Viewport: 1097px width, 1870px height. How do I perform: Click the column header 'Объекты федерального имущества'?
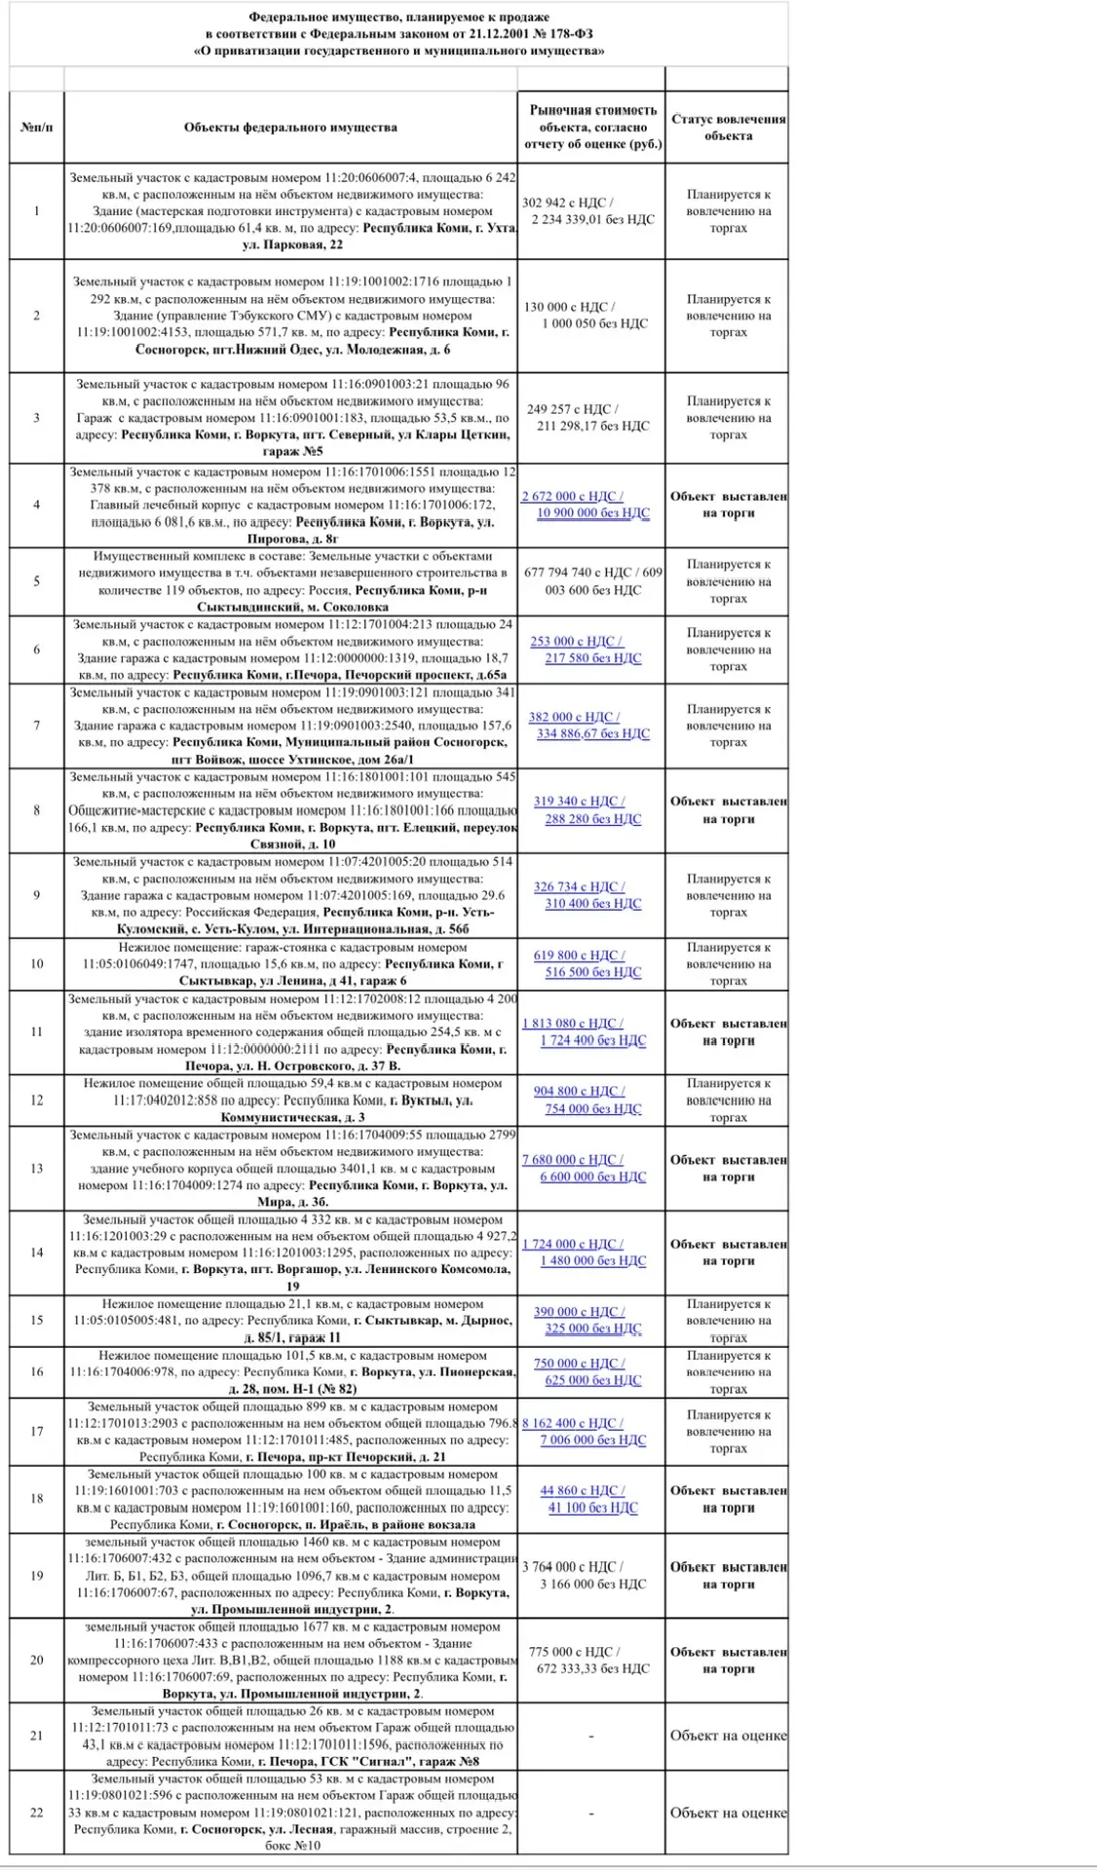290,128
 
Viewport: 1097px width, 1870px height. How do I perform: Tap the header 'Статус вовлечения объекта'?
728,128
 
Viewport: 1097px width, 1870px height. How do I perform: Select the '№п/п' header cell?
37,128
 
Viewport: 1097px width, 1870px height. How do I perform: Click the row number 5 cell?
37,581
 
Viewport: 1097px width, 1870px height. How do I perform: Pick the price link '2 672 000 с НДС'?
572,497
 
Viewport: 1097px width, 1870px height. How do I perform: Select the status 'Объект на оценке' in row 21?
728,1735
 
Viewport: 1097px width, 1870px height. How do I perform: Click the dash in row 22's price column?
591,1813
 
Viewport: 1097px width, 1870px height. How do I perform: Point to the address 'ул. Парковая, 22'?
292,244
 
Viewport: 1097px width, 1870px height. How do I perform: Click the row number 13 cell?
37,1169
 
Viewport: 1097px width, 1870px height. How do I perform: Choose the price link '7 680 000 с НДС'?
572,1160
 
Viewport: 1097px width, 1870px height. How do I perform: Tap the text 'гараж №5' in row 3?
292,451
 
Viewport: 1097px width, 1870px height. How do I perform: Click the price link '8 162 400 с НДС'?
572,1423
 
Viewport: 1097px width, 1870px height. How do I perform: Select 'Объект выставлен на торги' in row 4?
728,505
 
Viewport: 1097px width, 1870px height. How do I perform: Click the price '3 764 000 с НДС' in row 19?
572,1567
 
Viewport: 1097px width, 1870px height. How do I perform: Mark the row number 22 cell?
37,1813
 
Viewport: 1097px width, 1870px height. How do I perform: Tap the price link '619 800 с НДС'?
579,955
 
